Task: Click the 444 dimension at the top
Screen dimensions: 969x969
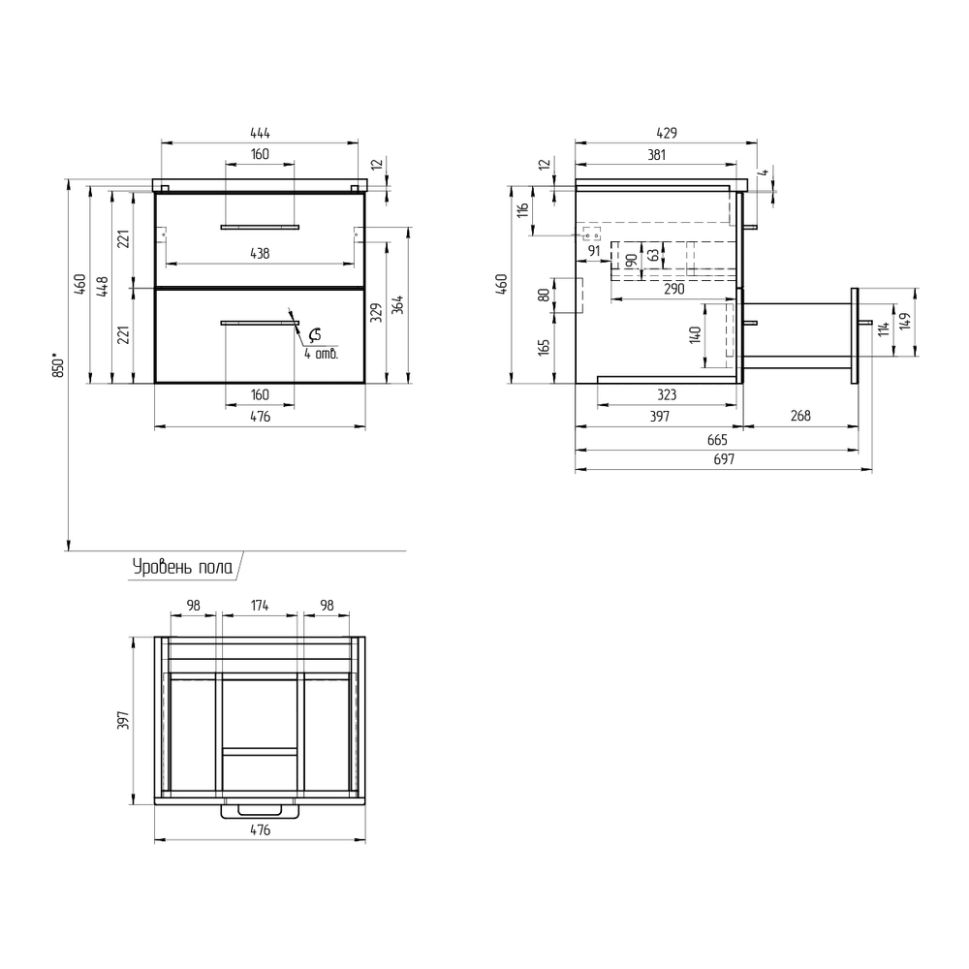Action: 260,133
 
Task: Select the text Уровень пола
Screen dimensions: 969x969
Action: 183,567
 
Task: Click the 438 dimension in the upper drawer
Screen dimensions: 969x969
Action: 260,253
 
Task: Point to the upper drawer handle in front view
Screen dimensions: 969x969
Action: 260,228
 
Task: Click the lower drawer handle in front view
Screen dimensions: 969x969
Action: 260,323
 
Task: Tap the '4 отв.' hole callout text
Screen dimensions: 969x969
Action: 322,354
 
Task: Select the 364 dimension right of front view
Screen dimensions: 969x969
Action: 398,304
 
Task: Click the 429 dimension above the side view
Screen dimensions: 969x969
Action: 667,133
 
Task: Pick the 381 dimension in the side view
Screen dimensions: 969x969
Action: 656,154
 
